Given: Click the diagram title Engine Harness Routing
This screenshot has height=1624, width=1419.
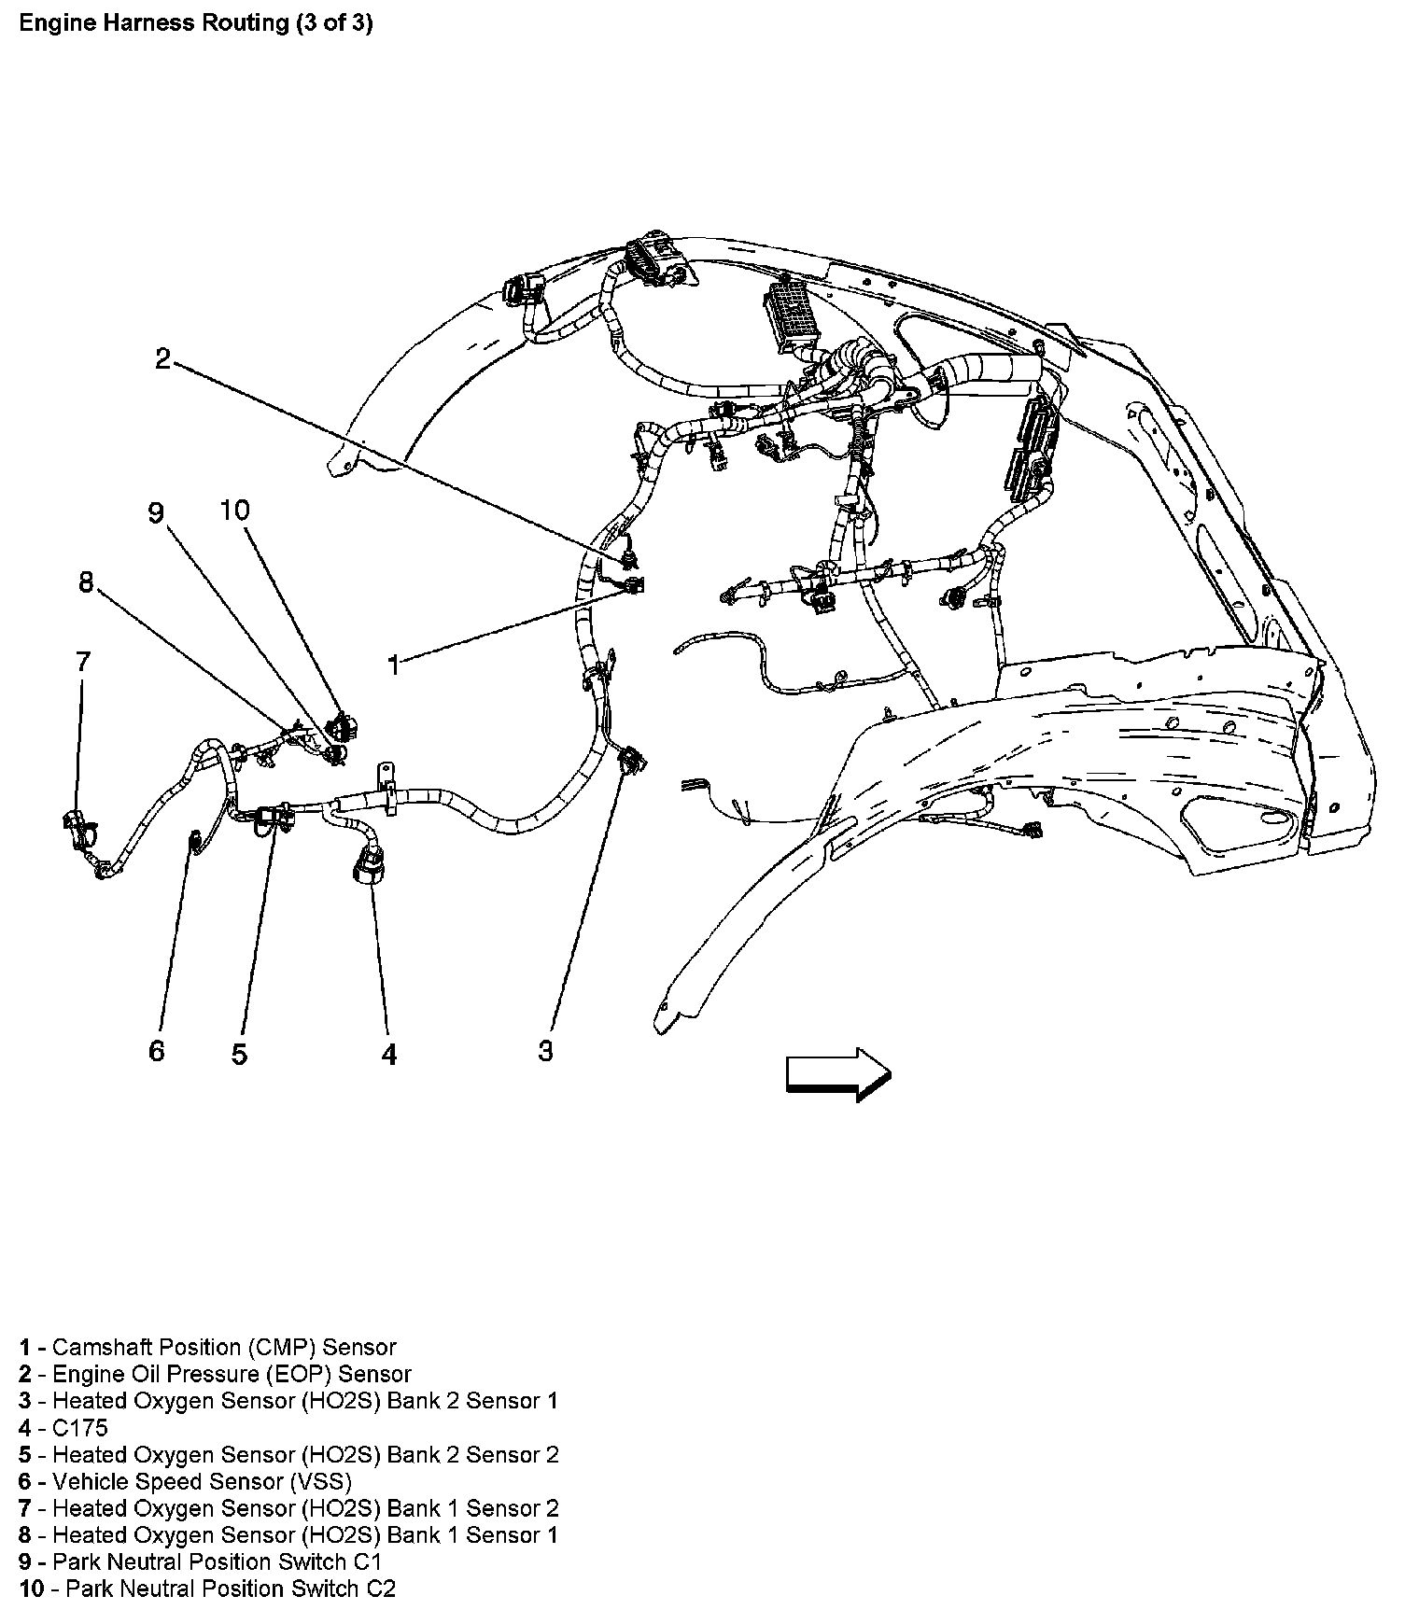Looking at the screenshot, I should pyautogui.click(x=196, y=23).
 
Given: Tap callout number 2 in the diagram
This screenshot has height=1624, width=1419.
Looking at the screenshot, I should pyautogui.click(x=163, y=359).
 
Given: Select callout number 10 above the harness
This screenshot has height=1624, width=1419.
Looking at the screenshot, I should pyautogui.click(x=235, y=511).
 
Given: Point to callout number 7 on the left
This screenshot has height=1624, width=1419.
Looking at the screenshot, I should pyautogui.click(x=83, y=662).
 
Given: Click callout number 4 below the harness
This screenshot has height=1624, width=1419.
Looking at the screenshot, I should pyautogui.click(x=389, y=1055).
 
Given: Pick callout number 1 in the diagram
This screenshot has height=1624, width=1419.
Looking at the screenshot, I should pyautogui.click(x=394, y=665).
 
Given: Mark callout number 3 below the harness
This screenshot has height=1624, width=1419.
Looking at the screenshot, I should pyautogui.click(x=545, y=1051).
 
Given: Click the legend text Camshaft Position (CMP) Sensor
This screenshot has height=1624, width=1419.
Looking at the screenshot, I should pyautogui.click(x=224, y=1348).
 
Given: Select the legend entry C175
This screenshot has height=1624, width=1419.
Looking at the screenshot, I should pyautogui.click(x=79, y=1428).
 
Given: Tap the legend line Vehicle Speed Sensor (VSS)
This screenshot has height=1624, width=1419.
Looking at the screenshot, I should pyautogui.click(x=202, y=1481).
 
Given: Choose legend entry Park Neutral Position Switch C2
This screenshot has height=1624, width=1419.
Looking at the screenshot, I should pyautogui.click(x=224, y=1589).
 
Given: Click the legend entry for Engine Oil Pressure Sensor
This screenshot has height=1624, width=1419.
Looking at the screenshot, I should pyautogui.click(x=232, y=1375).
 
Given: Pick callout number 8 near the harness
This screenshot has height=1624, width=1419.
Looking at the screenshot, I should pyautogui.click(x=86, y=583).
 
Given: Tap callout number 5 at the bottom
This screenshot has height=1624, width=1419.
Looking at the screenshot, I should pyautogui.click(x=240, y=1055).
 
